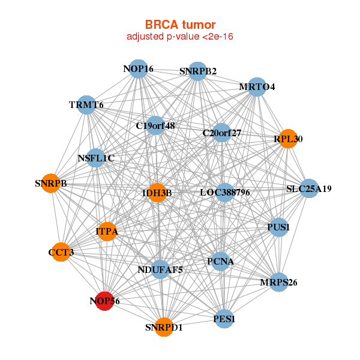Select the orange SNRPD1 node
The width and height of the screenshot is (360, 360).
[x=164, y=327]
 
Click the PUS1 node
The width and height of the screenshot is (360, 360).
[x=278, y=227]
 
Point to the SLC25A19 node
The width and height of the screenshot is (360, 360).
[x=308, y=188]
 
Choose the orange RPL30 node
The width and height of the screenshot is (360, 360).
[x=288, y=139]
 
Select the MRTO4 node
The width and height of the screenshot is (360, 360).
[x=257, y=87]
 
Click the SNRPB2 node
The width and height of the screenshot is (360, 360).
[x=198, y=71]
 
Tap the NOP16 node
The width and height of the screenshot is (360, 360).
[x=139, y=69]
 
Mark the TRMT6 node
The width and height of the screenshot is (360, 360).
[x=87, y=105]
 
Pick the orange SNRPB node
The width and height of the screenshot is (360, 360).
[x=51, y=183]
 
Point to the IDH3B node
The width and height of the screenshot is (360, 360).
[x=157, y=193]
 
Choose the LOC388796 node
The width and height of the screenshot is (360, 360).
[x=224, y=193]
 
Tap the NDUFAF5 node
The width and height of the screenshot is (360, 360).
[x=160, y=270]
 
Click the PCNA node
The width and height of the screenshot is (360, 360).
[x=220, y=262]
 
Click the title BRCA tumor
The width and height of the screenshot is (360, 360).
[x=180, y=25]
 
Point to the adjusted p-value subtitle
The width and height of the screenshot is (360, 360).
[x=180, y=37]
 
